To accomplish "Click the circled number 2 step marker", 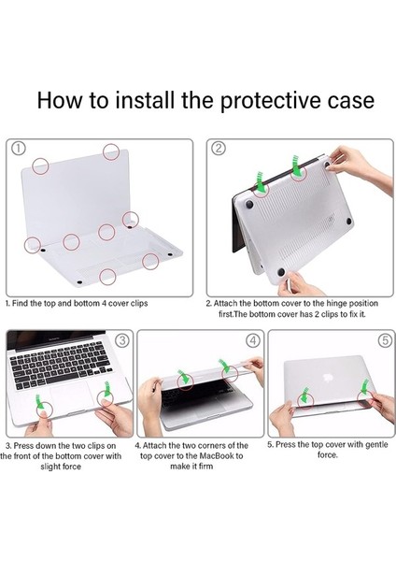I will tap(218, 148).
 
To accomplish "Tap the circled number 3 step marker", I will tap(120, 339).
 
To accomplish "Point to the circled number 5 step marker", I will tap(384, 339).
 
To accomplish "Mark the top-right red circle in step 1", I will tap(111, 151).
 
